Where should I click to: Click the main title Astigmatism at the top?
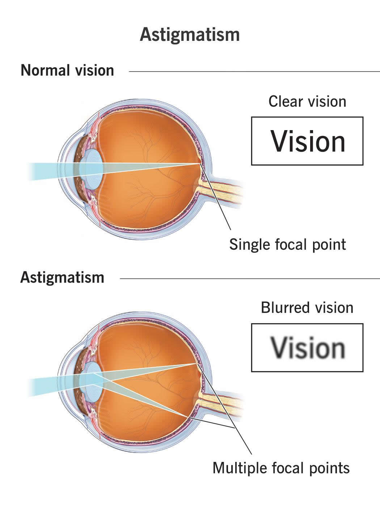pos(190,35)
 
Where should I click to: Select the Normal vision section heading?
pos(67,70)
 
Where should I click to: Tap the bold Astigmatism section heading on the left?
pos(62,278)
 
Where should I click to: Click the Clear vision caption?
pos(307,102)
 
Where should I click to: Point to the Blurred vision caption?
pos(307,308)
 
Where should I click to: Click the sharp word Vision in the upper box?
pos(308,141)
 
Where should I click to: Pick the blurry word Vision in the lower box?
pos(308,348)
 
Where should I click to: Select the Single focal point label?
pos(287,245)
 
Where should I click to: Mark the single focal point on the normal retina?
pos(200,163)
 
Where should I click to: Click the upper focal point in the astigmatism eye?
pos(196,364)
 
